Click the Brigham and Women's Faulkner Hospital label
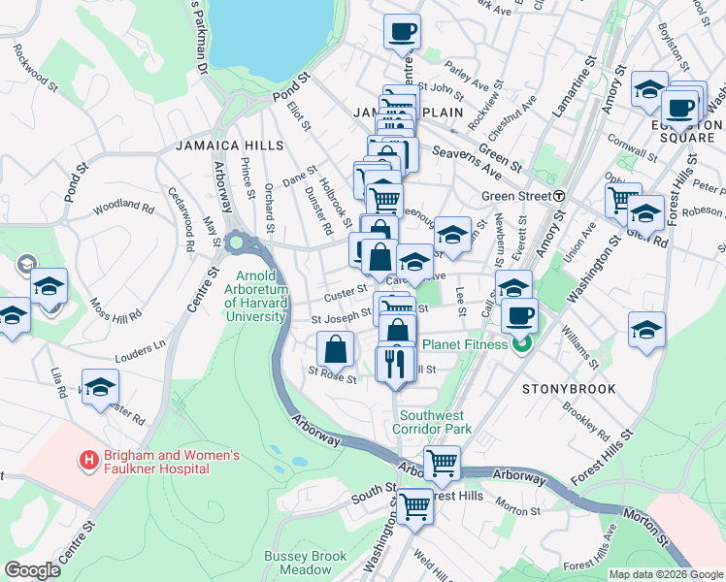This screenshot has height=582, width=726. [158, 462]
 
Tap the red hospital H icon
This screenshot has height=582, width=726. [88, 459]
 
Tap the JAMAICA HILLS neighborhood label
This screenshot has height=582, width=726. [230, 145]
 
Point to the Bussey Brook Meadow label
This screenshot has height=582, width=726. [305, 563]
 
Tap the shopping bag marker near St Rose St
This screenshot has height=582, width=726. [335, 347]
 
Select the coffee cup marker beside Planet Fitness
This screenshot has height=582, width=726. [520, 314]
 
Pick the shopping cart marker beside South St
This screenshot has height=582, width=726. [415, 503]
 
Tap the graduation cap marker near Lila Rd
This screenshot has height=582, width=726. [100, 386]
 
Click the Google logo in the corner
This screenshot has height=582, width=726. [32, 570]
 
